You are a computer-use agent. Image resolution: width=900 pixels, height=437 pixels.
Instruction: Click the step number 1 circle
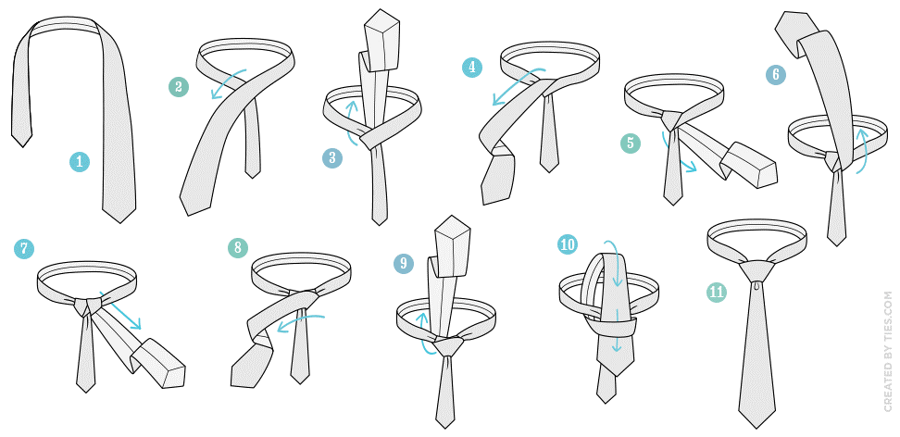click(80, 162)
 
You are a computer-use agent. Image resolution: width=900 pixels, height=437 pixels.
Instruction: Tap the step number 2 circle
click(179, 87)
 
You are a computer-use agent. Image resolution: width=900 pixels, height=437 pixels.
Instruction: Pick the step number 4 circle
click(472, 68)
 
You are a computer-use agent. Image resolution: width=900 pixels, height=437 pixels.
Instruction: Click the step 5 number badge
click(631, 143)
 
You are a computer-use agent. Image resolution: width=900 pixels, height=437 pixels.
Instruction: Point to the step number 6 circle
click(775, 75)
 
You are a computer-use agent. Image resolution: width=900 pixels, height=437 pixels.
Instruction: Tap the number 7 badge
click(24, 249)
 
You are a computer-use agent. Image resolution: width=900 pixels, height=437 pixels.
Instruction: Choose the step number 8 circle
click(238, 247)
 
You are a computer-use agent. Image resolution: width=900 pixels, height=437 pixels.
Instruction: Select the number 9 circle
click(404, 263)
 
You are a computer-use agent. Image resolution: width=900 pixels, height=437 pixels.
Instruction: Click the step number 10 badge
click(568, 244)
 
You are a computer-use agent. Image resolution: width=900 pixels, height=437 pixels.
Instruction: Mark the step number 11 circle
click(717, 293)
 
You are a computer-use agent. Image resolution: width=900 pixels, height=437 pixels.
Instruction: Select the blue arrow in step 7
click(120, 309)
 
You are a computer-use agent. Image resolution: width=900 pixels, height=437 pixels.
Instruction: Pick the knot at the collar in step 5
click(672, 119)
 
